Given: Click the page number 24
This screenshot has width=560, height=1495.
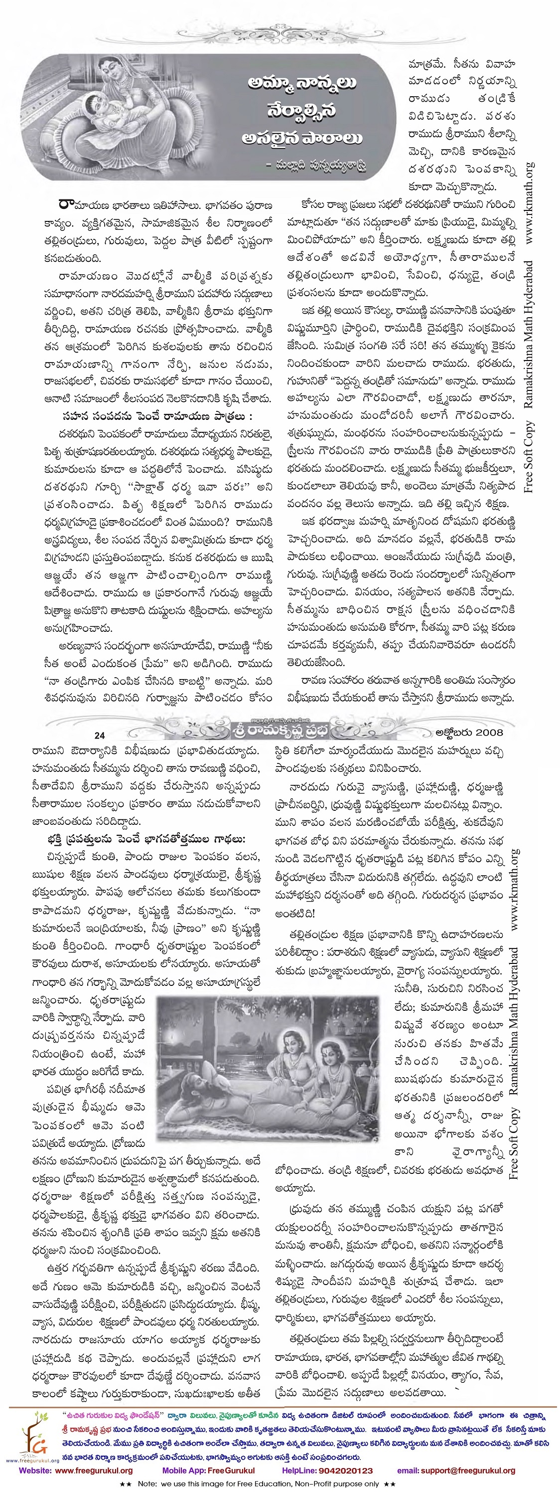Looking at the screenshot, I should coord(99,736).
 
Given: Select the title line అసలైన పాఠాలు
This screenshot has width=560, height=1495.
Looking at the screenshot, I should coord(302,138).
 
